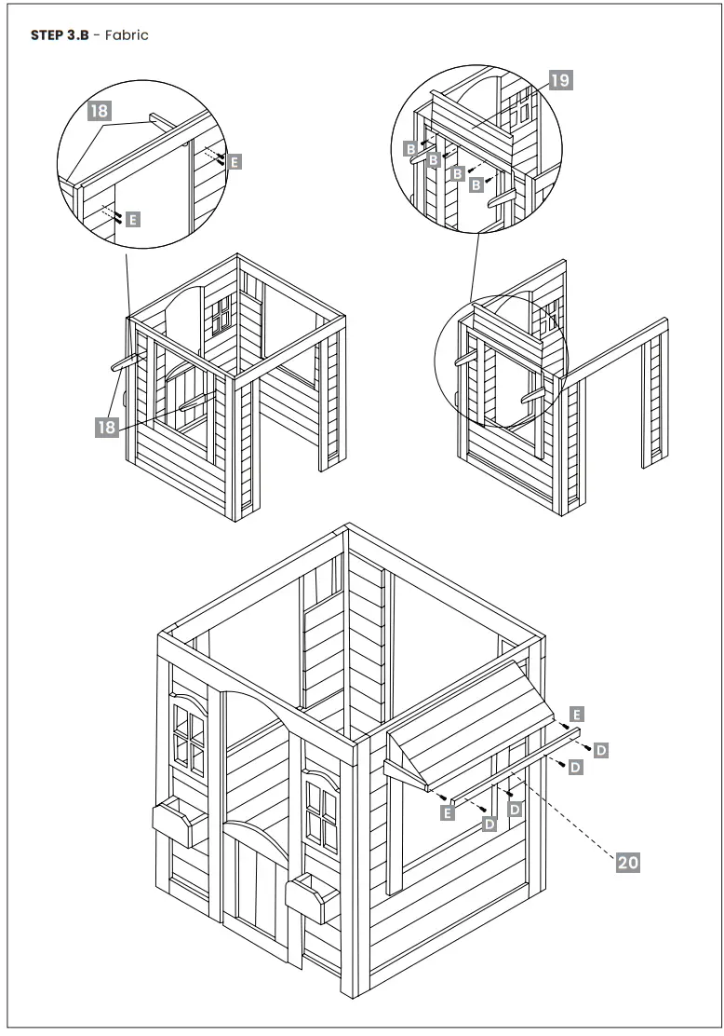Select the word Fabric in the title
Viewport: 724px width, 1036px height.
tap(127, 35)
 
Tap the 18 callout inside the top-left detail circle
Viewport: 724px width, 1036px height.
tap(100, 111)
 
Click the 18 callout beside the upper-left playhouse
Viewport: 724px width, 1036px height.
tap(107, 427)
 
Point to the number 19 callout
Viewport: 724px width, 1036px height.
tap(559, 80)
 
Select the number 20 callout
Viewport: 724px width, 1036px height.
tap(628, 863)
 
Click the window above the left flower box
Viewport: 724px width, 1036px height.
tap(188, 740)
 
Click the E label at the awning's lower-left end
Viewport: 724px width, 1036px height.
tap(448, 812)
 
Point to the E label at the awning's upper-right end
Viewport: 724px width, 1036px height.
tap(577, 715)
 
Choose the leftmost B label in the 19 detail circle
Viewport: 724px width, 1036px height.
tap(409, 148)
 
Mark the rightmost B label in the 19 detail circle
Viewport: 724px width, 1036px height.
tap(476, 185)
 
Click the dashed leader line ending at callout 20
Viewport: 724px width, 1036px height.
tap(568, 820)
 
